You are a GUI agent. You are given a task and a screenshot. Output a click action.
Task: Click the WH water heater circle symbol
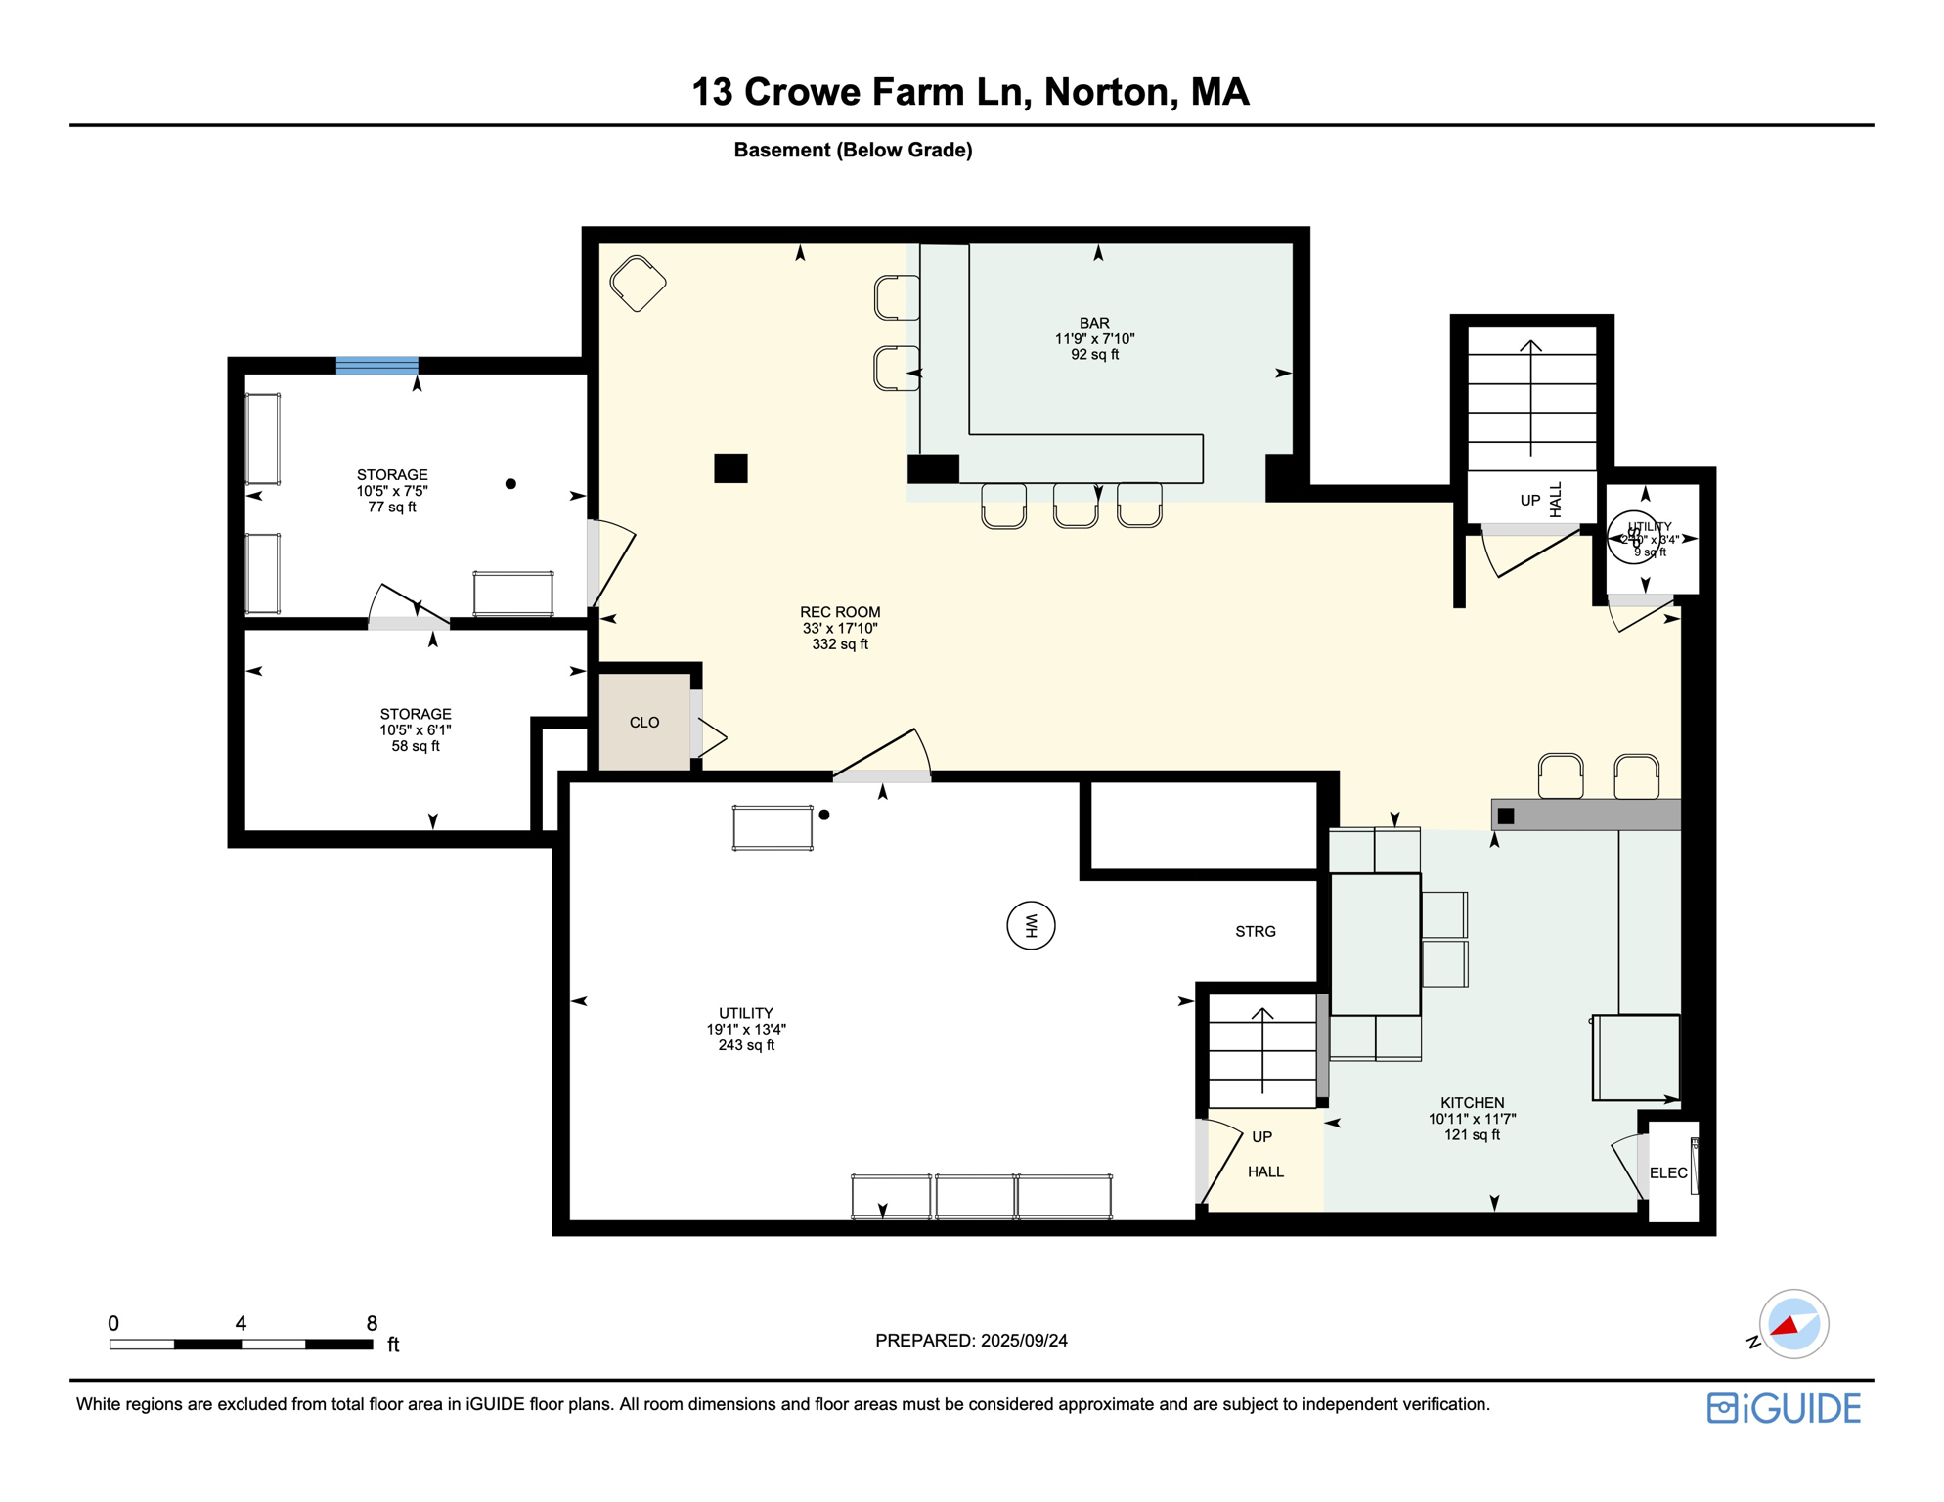click(1031, 925)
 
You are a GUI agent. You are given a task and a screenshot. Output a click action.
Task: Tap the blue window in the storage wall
click(376, 366)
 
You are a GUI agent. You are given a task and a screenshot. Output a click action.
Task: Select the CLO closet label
click(644, 723)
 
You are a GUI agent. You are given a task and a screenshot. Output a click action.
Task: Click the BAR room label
click(1094, 323)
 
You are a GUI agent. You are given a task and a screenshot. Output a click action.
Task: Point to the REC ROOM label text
click(840, 612)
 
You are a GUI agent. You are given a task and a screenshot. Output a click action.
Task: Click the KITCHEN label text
click(1472, 1102)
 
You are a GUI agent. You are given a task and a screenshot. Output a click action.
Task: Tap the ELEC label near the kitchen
click(1668, 1172)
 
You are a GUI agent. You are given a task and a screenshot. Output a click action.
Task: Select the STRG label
click(1256, 931)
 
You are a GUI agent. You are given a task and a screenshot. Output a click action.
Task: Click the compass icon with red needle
click(1793, 1324)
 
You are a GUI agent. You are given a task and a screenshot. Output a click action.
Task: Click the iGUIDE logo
click(1784, 1408)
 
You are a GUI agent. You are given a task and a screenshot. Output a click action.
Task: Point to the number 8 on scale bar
click(372, 1323)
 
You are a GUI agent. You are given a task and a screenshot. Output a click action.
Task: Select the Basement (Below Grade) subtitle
click(853, 150)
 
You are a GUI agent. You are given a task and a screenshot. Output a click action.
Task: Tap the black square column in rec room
click(730, 468)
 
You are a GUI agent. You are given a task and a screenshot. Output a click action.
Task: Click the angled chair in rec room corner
click(638, 284)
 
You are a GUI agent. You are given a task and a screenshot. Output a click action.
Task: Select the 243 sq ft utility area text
click(746, 1045)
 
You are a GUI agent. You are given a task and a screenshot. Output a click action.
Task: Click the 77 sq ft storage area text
click(392, 507)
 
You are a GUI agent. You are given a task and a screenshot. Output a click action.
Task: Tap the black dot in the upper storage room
click(510, 484)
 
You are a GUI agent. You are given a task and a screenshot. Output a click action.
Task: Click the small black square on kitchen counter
click(1506, 816)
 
